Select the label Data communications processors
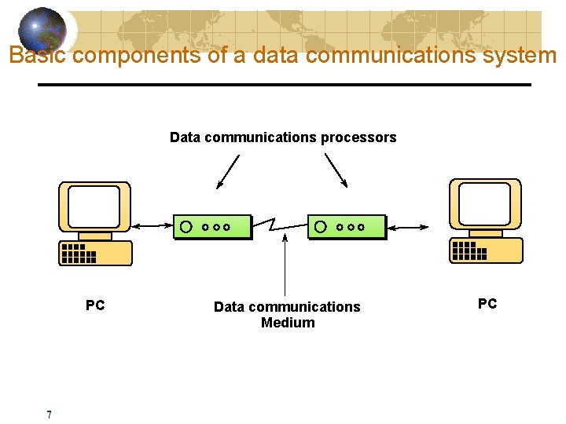point(283,137)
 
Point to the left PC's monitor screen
point(94,207)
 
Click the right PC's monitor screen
point(483,204)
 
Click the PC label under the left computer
point(95,305)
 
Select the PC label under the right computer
point(487,304)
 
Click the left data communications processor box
point(212,227)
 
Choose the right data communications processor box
point(347,227)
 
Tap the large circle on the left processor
point(186,227)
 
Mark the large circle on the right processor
point(320,227)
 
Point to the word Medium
point(288,323)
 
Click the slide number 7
point(49,415)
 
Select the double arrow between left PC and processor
point(153,227)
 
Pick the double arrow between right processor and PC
point(408,227)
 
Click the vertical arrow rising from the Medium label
point(285,263)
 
